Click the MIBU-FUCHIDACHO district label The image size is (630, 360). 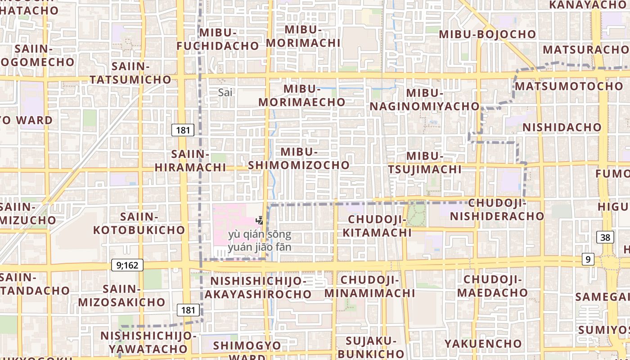[x=218, y=39]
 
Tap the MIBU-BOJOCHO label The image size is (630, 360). [x=487, y=34]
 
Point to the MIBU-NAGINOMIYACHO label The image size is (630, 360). [x=425, y=99]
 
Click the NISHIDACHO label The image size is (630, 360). [x=562, y=127]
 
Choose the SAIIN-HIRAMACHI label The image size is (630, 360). [x=190, y=161]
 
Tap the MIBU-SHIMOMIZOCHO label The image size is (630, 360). [x=299, y=158]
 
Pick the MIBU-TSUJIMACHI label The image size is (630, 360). [x=425, y=162]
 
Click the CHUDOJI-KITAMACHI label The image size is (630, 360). [x=377, y=226]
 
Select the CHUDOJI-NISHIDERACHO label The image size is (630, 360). [x=497, y=210]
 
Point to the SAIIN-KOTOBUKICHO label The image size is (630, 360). [x=139, y=223]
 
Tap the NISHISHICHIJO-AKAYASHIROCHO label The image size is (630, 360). [x=258, y=288]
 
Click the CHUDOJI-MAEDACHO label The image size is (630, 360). [x=492, y=286]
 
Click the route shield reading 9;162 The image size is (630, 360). [x=127, y=265]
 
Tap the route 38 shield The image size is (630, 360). [x=605, y=237]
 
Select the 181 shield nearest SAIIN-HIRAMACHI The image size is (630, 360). [x=183, y=130]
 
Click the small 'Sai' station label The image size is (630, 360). [x=225, y=93]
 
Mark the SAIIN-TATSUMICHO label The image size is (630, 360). [x=130, y=73]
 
